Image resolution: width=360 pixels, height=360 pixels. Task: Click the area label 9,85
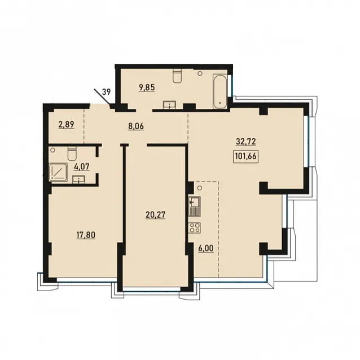click(147, 87)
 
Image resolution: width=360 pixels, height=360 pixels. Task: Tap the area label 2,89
click(67, 125)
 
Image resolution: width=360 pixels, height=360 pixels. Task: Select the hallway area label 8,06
click(136, 126)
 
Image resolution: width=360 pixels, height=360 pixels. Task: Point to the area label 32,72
click(245, 142)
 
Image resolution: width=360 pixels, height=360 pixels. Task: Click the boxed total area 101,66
click(245, 156)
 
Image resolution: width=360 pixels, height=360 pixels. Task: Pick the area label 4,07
click(81, 166)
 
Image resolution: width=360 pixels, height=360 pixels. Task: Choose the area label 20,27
click(155, 215)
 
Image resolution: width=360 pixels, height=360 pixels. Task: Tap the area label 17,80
click(86, 235)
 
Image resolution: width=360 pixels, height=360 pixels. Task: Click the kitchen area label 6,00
click(205, 248)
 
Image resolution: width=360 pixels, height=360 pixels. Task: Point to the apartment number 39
click(106, 92)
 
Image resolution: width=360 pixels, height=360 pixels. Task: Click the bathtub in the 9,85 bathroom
click(220, 91)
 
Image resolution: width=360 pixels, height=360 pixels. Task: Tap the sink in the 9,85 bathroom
click(170, 105)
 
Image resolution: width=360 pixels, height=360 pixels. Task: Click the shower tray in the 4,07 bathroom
click(58, 172)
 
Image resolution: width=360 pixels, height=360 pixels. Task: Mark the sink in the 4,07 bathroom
click(79, 179)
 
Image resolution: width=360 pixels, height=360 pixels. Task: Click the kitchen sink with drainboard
click(194, 207)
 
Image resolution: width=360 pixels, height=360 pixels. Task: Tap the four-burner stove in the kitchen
click(194, 228)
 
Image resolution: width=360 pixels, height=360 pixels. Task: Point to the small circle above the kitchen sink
click(200, 188)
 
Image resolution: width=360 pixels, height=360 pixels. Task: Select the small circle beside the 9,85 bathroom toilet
click(200, 73)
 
